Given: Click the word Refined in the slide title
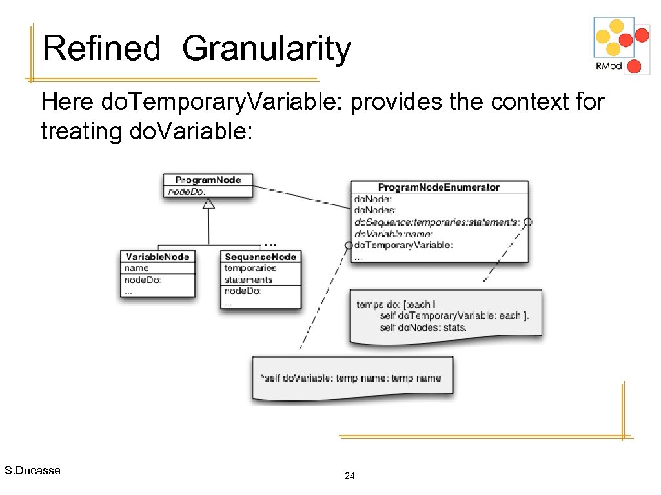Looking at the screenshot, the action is [x=101, y=49].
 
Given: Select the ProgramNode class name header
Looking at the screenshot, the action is [x=208, y=180].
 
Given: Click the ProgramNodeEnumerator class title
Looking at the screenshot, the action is [x=439, y=188].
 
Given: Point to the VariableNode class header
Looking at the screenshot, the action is [x=157, y=257].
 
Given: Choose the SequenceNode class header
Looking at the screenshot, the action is [x=260, y=257].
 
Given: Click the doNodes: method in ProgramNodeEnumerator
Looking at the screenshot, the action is [x=375, y=210].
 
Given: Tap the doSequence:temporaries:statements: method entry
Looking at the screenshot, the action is [x=436, y=222].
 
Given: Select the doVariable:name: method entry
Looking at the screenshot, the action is [x=393, y=233].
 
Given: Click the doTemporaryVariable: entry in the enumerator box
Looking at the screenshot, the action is [x=403, y=245].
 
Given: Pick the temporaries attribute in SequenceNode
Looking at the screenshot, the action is [x=250, y=268].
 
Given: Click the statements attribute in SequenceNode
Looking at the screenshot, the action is [x=248, y=280].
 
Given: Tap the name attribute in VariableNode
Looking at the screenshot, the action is [x=136, y=268].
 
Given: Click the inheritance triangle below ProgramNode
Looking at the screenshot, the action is [x=208, y=204].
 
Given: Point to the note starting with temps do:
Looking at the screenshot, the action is [x=445, y=316].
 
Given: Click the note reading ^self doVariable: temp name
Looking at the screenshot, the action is [x=352, y=378].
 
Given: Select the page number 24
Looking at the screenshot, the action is [x=350, y=476].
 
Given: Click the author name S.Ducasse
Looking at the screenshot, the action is [x=32, y=471].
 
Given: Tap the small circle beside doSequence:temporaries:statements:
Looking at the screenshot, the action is [x=527, y=222].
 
